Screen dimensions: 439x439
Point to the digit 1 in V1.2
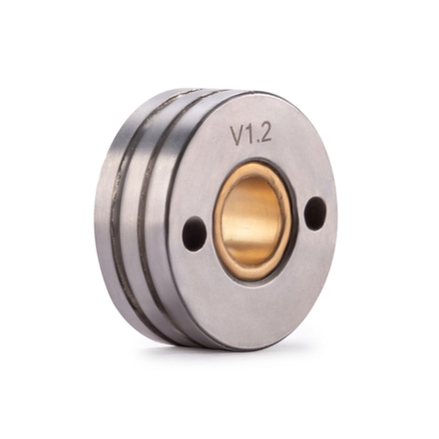pos(252,135)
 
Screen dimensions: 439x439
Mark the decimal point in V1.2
pos(259,142)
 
